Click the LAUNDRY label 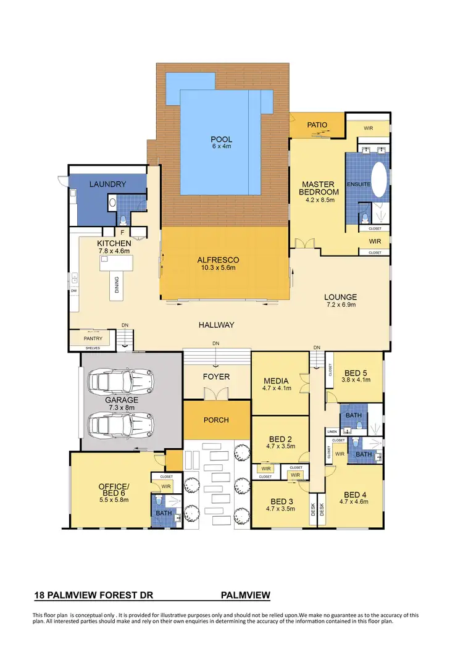click(108, 184)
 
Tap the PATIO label click(317, 125)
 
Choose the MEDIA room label click(272, 381)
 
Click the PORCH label click(216, 420)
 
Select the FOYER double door click(216, 394)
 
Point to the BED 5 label click(356, 373)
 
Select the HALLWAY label click(216, 325)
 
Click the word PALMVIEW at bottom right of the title click(245, 596)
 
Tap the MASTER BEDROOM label click(318, 188)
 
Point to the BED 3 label click(281, 501)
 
